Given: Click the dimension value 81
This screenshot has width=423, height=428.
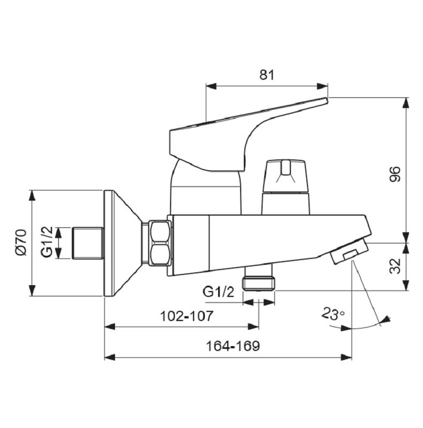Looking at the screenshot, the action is click(x=266, y=75).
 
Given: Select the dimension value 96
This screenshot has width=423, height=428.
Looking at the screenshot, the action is click(x=395, y=174).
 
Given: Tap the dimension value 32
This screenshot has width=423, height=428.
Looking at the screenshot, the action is click(x=395, y=266).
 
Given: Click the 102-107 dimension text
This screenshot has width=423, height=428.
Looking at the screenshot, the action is click(x=186, y=316).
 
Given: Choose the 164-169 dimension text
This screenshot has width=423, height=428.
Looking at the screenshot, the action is click(x=233, y=346).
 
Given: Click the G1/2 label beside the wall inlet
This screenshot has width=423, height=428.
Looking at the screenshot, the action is click(x=47, y=242).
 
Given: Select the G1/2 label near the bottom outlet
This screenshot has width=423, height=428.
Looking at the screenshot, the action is click(x=218, y=292).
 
